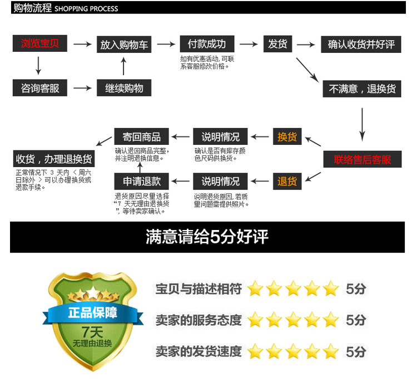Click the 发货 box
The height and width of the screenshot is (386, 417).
277,43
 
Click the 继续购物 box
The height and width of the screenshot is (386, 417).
124,88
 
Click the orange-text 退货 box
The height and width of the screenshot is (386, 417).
287,182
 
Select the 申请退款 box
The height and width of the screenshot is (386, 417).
141,182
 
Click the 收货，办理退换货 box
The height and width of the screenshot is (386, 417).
54,159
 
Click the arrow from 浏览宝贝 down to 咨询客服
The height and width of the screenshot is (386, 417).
38,65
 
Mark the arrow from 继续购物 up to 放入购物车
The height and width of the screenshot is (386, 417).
123,66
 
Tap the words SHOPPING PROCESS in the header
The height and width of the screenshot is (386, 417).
87,9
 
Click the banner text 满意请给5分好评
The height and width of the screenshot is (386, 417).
207,237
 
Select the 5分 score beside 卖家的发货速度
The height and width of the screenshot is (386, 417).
356,351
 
